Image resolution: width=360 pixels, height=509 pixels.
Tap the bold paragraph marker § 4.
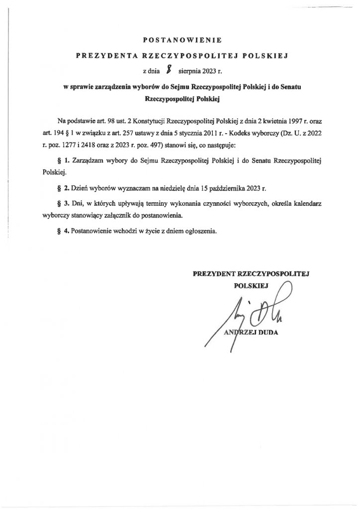pos(63,232)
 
